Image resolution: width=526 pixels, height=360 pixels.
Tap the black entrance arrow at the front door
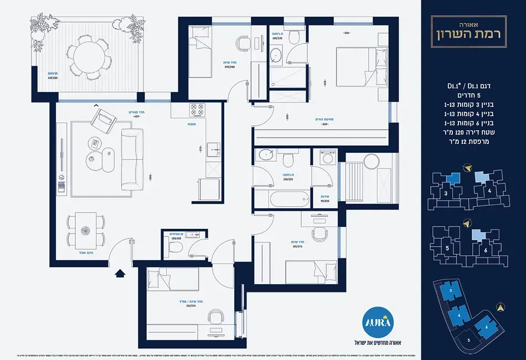(118, 272)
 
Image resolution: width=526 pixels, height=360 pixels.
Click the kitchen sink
(213, 147)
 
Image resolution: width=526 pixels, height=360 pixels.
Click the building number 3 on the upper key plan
(445, 194)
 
